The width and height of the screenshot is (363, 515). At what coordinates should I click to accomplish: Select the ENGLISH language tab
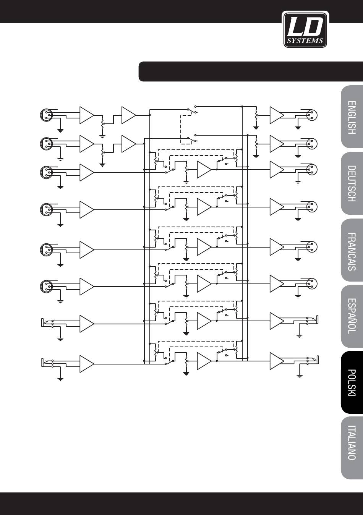tap(352, 117)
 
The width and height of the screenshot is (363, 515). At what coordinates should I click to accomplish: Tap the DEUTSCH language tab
tap(352, 183)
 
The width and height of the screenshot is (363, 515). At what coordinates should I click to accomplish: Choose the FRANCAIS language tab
tap(352, 250)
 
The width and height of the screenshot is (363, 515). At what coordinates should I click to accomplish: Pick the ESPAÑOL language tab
tap(352, 316)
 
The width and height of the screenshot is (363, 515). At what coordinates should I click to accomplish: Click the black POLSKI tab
tap(352, 382)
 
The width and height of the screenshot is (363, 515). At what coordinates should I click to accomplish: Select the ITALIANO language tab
tap(352, 449)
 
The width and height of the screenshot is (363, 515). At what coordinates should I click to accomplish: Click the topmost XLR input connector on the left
tap(47, 115)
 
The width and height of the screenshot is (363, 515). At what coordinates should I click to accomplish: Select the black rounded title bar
tap(251, 71)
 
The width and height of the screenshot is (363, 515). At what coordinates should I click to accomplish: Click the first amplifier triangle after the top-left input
tap(87, 115)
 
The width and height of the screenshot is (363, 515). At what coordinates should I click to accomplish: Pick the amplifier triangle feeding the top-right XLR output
tap(277, 115)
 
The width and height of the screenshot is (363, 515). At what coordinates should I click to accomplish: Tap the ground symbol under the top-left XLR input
tap(60, 131)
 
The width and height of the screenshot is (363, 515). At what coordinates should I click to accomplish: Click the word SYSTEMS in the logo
tap(305, 41)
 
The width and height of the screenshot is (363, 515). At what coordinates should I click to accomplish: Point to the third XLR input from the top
tap(47, 172)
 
